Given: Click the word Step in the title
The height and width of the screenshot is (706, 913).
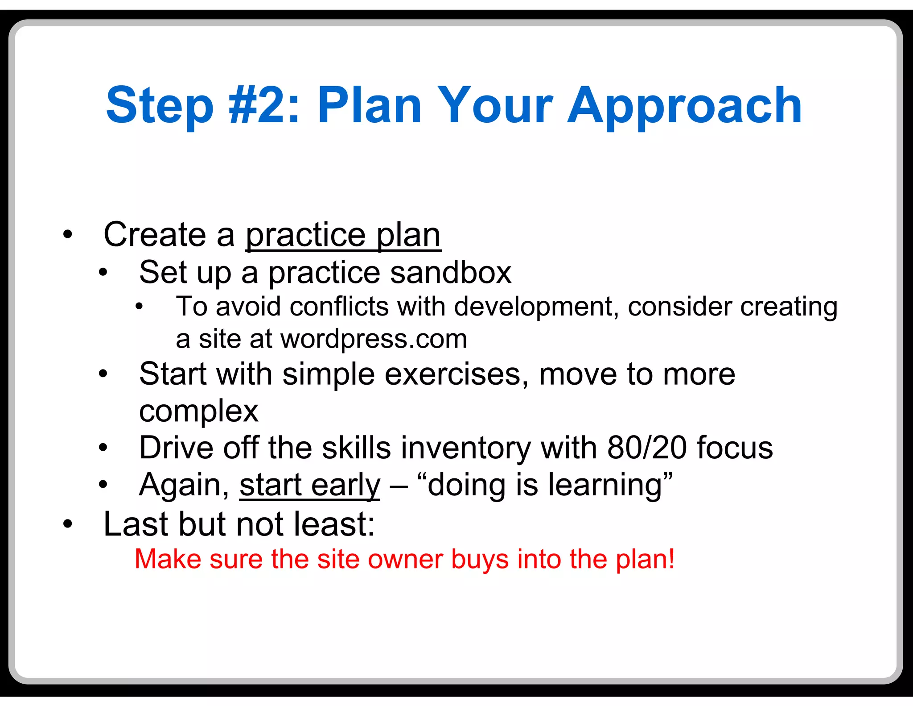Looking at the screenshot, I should tap(160, 106).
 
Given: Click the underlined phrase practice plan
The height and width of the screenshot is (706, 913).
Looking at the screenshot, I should tap(343, 235).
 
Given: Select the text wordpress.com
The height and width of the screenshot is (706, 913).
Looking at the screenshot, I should tap(374, 339).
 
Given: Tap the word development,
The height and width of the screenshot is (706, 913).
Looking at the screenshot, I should tap(537, 307).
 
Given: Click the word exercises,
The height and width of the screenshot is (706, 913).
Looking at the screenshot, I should tap(456, 374).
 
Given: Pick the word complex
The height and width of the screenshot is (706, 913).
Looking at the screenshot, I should tap(198, 411).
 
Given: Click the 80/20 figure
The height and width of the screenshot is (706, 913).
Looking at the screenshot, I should tap(647, 448).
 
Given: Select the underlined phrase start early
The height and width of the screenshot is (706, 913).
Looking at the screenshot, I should tap(309, 485).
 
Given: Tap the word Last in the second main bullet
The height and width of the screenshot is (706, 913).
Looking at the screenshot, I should tap(134, 524).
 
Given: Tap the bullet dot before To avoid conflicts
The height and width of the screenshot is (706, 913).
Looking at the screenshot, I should tap(139, 307).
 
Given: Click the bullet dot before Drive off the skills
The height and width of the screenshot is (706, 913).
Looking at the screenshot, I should tap(103, 447).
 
